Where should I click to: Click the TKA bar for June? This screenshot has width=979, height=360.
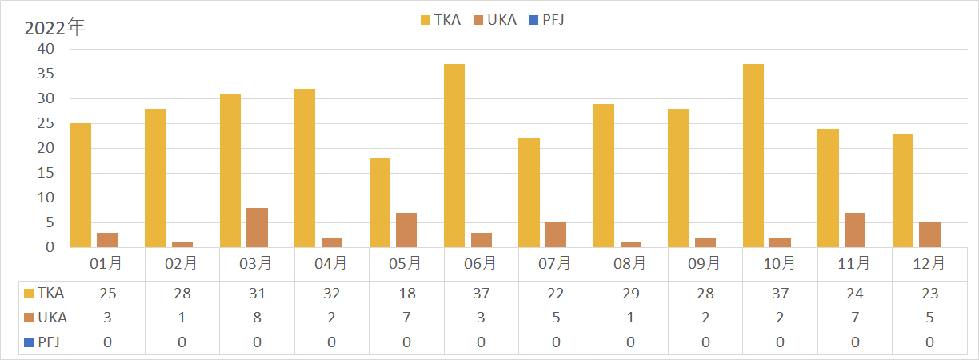454,156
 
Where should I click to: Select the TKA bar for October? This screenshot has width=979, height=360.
753,156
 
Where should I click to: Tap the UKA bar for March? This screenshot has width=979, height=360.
257,228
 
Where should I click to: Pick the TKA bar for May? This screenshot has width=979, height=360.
379,203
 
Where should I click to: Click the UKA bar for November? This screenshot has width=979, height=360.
854,230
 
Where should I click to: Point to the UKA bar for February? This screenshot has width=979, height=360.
182,245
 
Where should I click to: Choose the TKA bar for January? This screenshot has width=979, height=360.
81,186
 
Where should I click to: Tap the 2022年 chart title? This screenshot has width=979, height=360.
54,27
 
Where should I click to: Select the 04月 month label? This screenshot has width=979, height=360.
331,263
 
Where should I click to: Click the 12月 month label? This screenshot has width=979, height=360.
929,263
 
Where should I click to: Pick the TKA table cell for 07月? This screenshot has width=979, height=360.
555,294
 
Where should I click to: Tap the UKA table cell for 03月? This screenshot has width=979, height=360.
257,318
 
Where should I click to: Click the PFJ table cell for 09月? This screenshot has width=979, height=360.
705,342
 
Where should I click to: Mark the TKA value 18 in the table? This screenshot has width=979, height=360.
406,294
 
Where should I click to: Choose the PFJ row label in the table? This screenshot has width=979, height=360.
46,342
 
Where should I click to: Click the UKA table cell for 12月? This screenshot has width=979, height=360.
929,318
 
